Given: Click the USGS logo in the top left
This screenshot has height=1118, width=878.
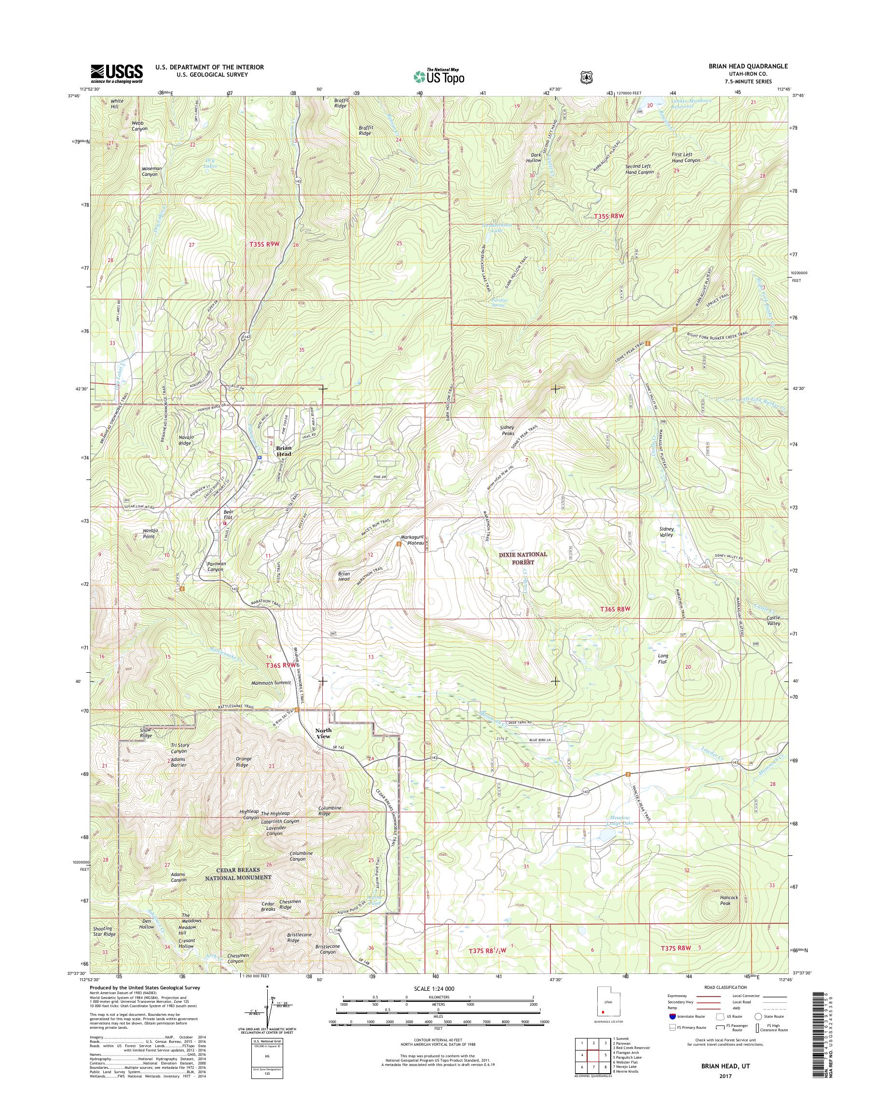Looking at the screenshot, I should pos(117,73).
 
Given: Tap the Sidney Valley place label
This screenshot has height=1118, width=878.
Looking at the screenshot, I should pos(666,532).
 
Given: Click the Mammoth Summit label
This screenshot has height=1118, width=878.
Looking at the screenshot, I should pos(271,683).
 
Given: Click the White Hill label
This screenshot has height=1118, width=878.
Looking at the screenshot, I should pos(117,104).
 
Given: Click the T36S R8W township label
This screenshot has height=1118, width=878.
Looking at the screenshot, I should pos(615,609).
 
